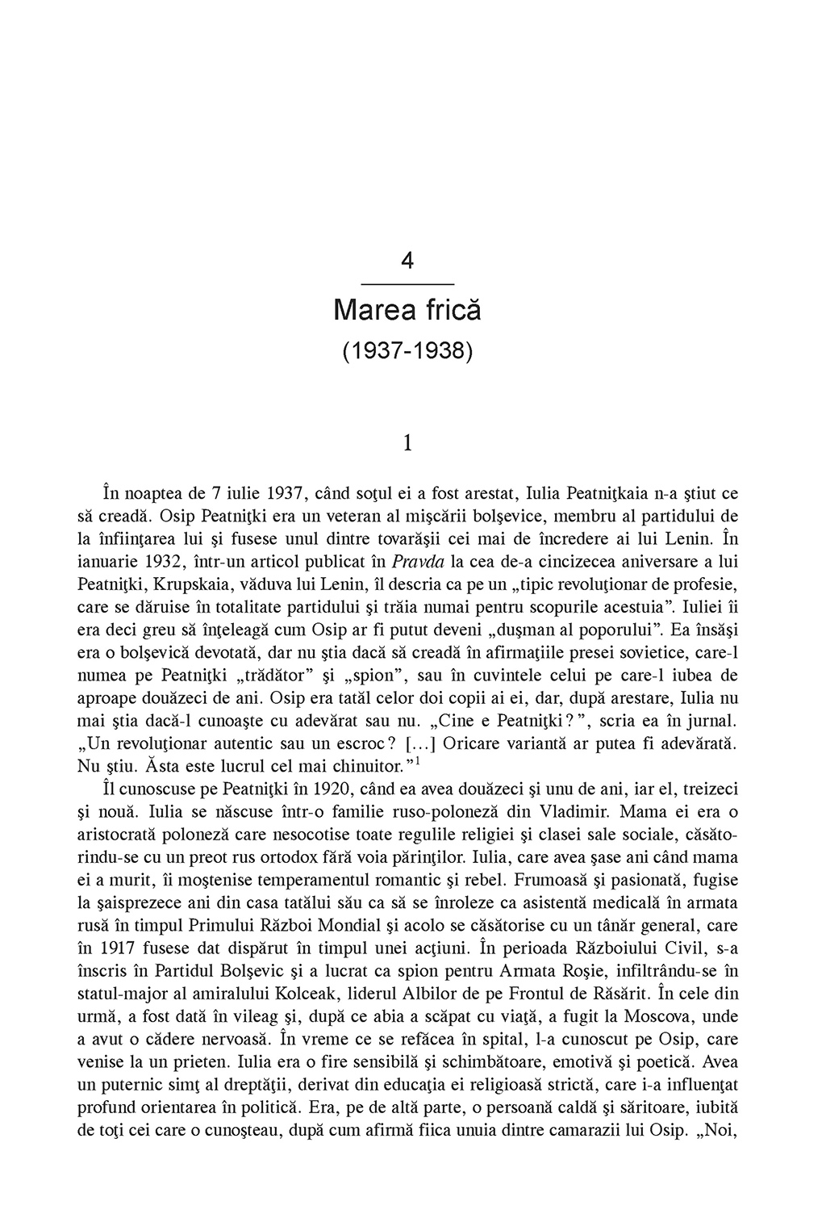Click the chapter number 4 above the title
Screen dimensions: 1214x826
pyautogui.click(x=407, y=261)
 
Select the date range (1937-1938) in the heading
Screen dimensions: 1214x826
pyautogui.click(x=407, y=351)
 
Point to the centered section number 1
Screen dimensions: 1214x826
pyautogui.click(x=407, y=443)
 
